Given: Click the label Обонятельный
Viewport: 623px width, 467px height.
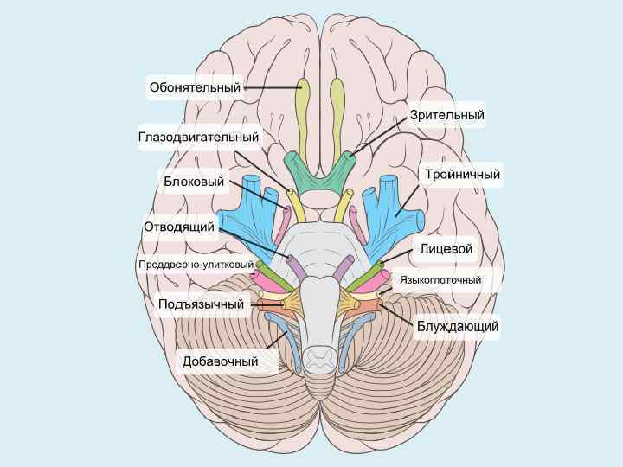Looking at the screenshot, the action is tap(194, 87).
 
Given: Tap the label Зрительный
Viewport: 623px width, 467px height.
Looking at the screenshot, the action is tap(446, 115).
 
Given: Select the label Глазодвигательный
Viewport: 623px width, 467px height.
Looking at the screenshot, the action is tap(198, 137).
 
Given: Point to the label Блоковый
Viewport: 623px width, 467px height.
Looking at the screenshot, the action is tap(194, 182).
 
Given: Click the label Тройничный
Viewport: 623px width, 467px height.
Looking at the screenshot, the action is tap(462, 175).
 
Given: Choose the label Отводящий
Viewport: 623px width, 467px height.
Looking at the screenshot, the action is tap(178, 227).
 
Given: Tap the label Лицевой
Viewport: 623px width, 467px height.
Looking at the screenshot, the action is tap(446, 249).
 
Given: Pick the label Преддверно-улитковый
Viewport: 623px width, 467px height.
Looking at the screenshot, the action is tap(196, 264).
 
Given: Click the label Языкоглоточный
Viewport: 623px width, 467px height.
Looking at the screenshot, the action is tap(440, 280).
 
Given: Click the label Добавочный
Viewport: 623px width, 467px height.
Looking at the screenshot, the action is tap(220, 361).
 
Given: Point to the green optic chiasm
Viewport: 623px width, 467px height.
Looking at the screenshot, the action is tap(320, 173).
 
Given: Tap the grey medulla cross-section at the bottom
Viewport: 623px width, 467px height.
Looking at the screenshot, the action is tap(320, 356).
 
